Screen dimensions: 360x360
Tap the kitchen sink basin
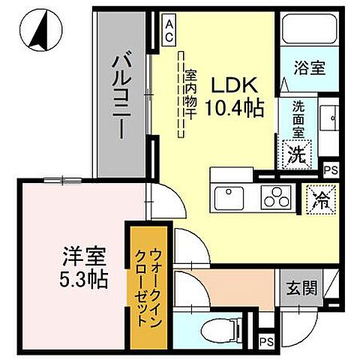tap(230, 199)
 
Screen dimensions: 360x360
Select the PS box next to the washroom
tap(331, 169)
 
